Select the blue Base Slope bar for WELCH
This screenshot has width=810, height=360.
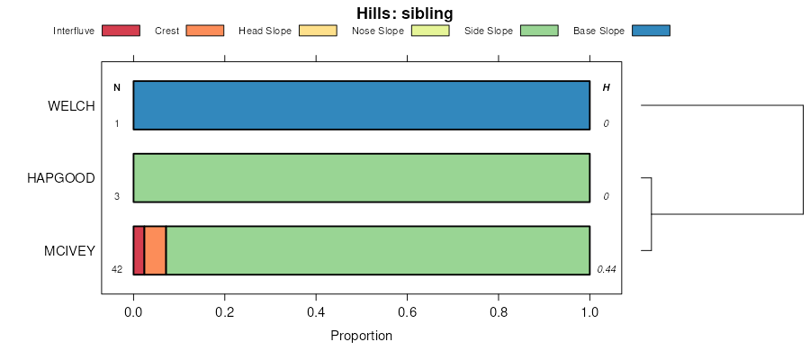[x=361, y=105]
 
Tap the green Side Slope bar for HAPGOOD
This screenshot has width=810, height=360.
[x=361, y=178]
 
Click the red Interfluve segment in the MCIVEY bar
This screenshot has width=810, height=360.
[x=139, y=250]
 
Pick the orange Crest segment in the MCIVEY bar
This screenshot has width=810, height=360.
[x=155, y=250]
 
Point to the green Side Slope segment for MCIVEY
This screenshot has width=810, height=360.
[x=377, y=250]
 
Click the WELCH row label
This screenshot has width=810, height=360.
[x=71, y=106]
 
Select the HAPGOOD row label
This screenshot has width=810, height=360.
[x=61, y=178]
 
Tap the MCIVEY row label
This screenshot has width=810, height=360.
[x=69, y=251]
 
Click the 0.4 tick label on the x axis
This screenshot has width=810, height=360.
[x=316, y=312]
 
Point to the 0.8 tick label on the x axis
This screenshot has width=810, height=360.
[x=499, y=312]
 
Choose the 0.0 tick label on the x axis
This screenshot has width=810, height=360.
[x=133, y=312]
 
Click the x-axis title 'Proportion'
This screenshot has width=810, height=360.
[x=361, y=337]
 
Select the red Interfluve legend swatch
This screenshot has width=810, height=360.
[x=121, y=31]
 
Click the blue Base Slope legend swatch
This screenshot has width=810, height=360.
[x=651, y=31]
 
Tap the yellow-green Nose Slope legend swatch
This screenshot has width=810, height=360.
[x=430, y=31]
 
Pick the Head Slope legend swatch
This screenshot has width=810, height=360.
[x=318, y=31]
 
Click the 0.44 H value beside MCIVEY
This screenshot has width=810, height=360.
[x=607, y=269]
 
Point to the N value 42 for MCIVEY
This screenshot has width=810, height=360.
[x=117, y=269]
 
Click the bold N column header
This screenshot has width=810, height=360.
[x=117, y=87]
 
